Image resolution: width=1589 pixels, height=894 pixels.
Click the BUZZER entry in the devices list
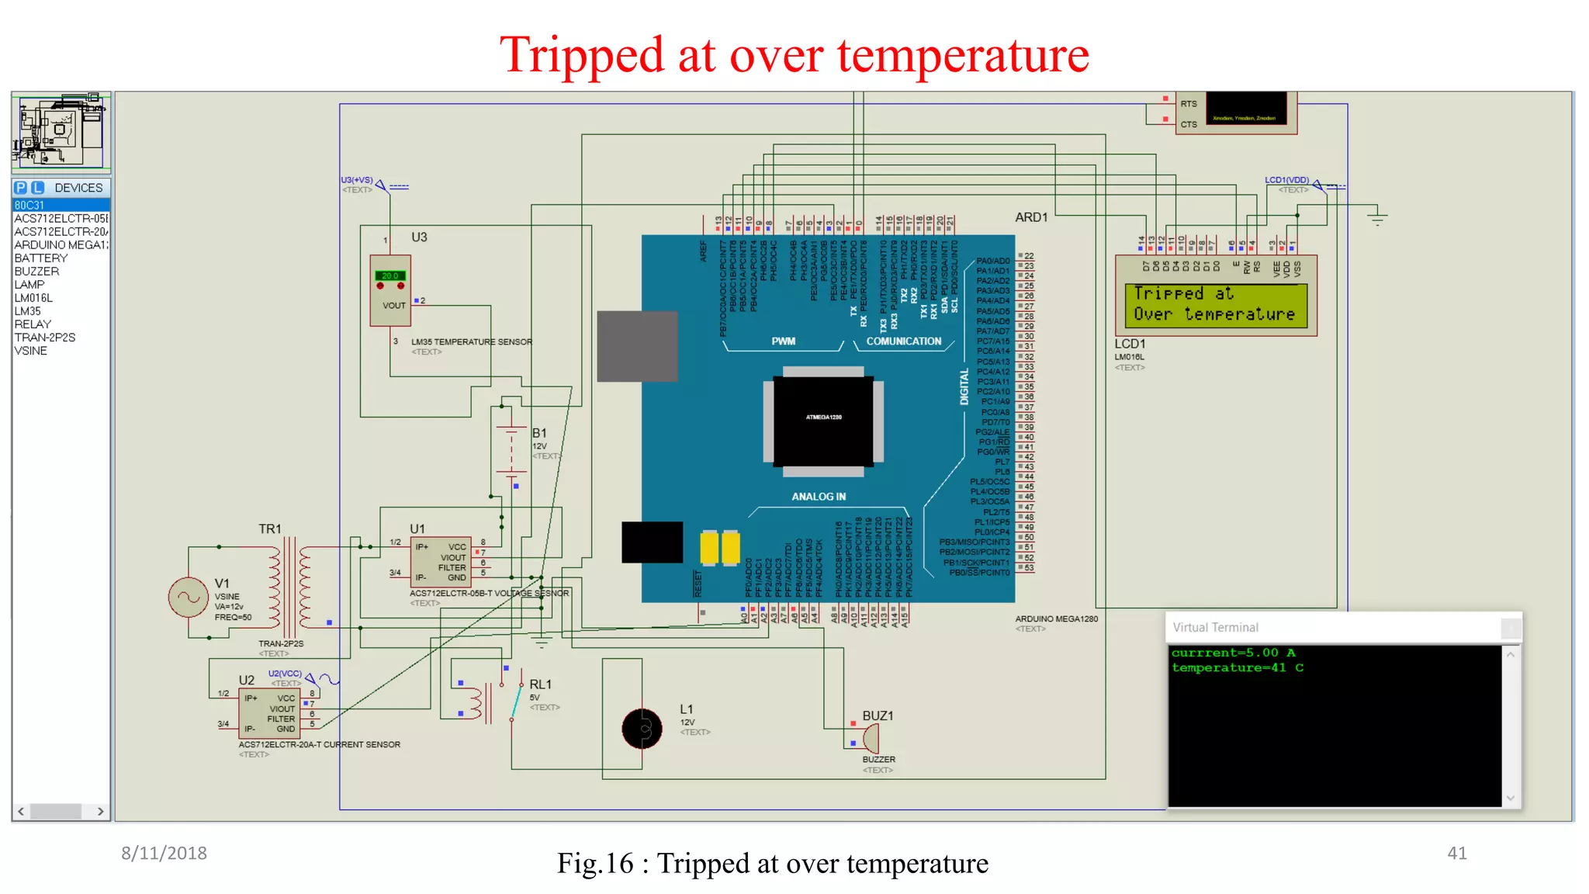36,272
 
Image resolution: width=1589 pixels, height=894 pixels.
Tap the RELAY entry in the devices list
33,324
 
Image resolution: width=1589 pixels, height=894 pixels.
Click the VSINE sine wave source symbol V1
188,598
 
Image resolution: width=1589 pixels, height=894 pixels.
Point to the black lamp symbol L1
642,729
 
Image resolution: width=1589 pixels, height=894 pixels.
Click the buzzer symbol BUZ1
871,737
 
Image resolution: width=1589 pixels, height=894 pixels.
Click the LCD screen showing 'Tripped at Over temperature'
1215,304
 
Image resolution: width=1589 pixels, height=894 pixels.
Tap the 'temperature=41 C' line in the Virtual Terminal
1237,668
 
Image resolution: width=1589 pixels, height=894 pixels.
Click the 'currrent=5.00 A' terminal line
1233,653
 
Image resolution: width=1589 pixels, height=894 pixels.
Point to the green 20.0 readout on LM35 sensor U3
389,275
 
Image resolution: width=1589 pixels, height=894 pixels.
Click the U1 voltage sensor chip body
440,562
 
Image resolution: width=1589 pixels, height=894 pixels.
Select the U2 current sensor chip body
268,713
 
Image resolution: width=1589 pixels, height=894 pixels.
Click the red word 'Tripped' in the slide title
582,56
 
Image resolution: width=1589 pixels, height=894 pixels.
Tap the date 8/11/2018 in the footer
164,854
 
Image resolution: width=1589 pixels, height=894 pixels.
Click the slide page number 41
1456,854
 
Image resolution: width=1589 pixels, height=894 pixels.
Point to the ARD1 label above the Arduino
1031,217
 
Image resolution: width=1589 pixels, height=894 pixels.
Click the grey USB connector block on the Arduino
637,346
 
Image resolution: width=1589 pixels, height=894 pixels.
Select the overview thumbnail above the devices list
61,130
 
